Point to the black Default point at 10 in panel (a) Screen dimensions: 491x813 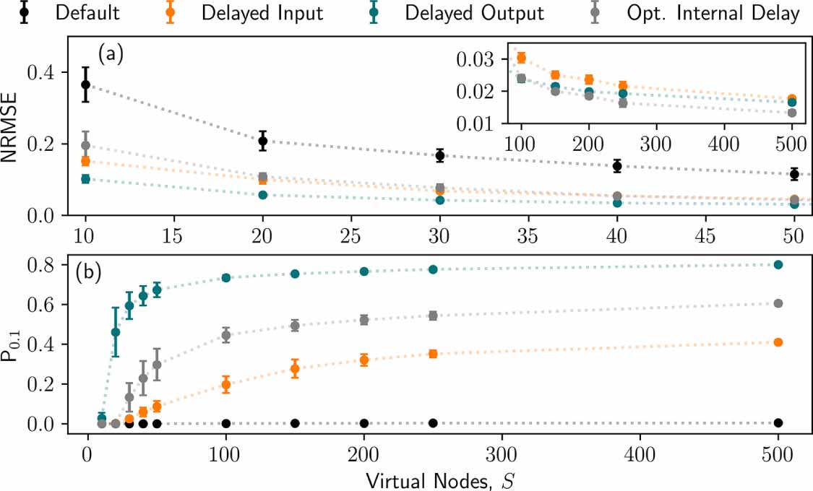point(85,84)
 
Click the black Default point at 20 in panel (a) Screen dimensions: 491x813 point(263,141)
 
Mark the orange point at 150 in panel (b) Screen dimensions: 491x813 point(295,369)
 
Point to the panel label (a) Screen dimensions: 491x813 point(111,54)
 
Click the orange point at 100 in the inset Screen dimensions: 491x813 point(521,58)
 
